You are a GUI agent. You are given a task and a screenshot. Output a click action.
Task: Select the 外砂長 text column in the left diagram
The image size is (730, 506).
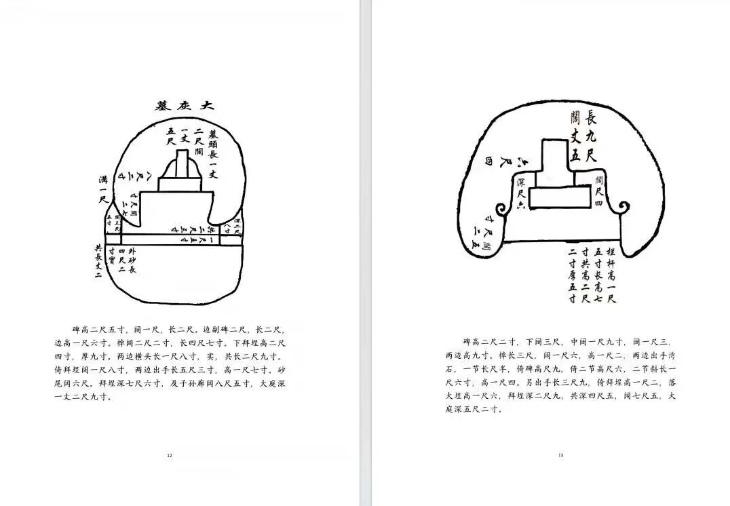pos(132,261)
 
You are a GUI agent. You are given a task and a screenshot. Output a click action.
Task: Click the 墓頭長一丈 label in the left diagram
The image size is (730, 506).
pos(212,153)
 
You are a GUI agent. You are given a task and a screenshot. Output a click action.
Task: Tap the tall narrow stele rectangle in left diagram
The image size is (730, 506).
pos(182,163)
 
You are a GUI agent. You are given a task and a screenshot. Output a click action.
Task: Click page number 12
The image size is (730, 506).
pos(170,455)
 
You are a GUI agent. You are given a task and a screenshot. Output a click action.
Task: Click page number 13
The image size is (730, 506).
pos(560,455)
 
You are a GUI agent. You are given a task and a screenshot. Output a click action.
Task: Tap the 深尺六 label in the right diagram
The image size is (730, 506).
pos(520,195)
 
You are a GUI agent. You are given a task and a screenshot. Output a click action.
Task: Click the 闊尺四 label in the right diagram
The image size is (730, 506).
pos(598,191)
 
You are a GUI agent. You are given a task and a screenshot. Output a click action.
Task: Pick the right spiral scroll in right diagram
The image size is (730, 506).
pos(625,206)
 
